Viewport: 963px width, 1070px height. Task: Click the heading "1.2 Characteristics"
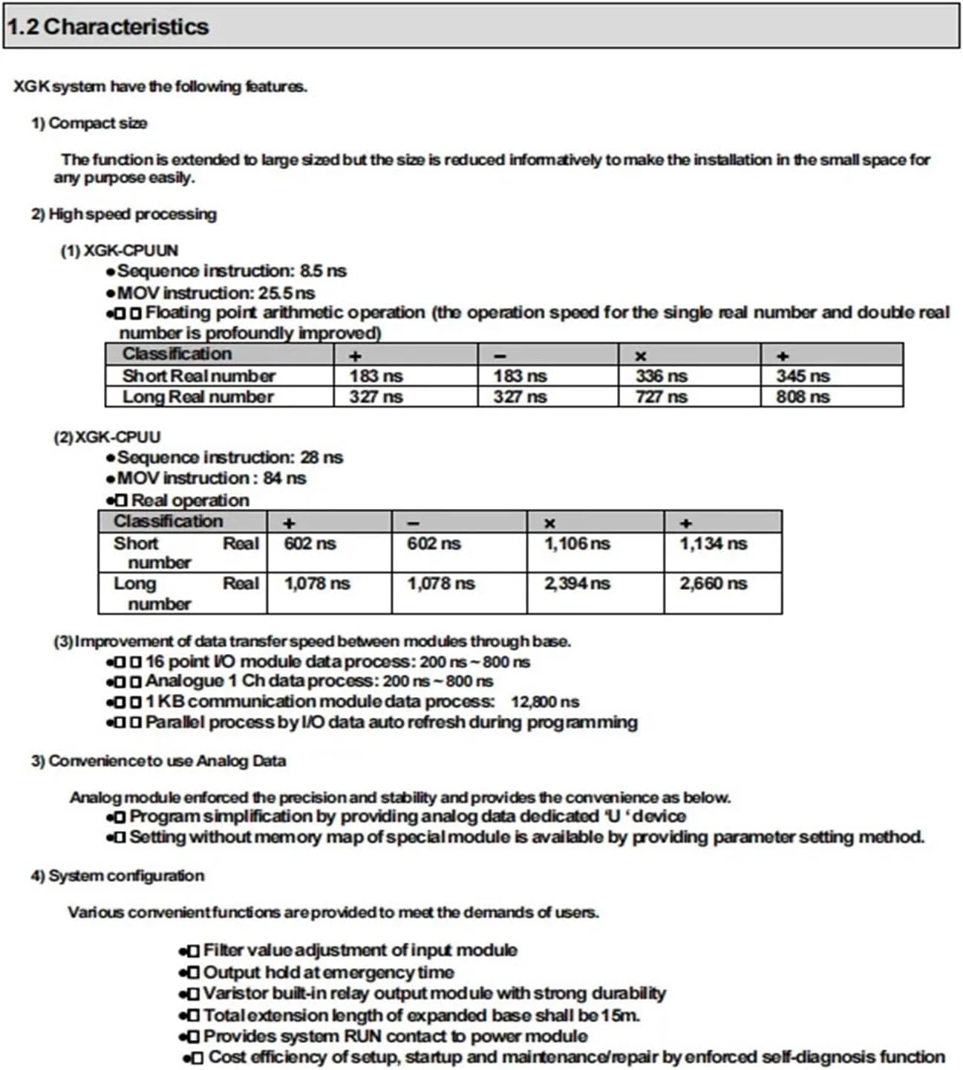point(108,27)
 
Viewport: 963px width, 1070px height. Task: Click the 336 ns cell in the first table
point(661,376)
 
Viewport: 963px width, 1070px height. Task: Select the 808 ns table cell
point(803,397)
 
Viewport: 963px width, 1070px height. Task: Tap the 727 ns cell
point(661,397)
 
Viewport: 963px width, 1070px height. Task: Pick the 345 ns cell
point(803,376)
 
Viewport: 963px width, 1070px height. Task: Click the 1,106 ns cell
point(577,544)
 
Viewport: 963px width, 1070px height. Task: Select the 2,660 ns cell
point(713,583)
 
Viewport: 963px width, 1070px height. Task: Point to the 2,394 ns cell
point(577,583)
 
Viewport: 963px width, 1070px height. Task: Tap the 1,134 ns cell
point(713,544)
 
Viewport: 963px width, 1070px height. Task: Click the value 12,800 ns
point(544,701)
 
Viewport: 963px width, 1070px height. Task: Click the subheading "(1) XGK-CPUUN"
point(119,250)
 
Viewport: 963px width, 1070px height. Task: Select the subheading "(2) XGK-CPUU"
point(107,437)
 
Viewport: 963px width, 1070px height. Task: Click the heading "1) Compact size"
point(89,123)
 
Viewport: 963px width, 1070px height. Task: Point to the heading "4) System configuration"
point(117,876)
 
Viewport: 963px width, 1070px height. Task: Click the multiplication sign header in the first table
point(641,357)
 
